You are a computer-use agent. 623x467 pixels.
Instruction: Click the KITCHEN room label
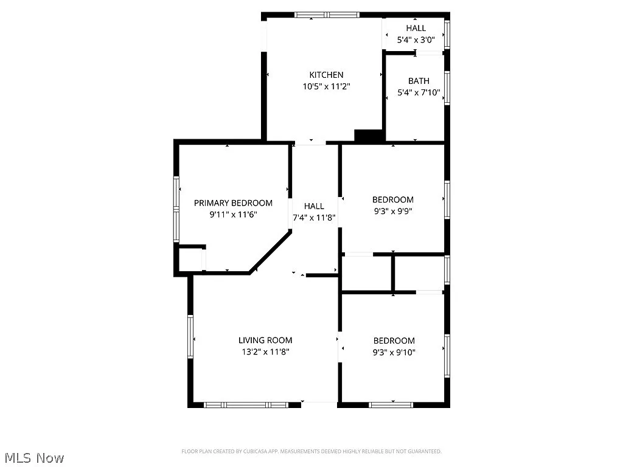coord(326,75)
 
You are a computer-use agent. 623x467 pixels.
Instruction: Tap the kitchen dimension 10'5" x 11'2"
coord(326,86)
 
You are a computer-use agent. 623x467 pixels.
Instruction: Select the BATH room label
coord(418,81)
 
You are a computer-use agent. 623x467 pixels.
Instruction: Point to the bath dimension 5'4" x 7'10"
coord(418,93)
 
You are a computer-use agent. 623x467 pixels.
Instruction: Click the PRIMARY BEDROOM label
coord(233,202)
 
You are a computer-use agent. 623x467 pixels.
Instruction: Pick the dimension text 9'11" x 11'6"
coord(233,214)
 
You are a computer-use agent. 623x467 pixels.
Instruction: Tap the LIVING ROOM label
coord(265,341)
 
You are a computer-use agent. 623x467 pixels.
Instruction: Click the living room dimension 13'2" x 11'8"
coord(265,352)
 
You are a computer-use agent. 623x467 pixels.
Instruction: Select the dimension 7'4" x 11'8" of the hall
coord(314,218)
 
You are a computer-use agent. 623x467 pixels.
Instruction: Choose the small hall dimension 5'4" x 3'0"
coord(416,40)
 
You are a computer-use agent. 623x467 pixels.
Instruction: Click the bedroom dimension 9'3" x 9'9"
coord(392,211)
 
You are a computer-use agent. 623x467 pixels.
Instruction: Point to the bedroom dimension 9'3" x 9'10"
coord(394,352)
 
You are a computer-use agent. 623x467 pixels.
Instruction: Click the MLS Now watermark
coord(34,457)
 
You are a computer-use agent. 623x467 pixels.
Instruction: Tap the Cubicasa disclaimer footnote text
coord(311,451)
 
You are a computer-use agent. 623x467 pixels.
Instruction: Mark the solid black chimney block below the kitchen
coord(367,137)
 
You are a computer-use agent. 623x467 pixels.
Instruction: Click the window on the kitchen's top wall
coord(327,15)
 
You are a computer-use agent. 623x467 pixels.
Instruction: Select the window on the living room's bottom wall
coord(246,404)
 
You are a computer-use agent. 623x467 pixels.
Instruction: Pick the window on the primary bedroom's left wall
coord(176,209)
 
